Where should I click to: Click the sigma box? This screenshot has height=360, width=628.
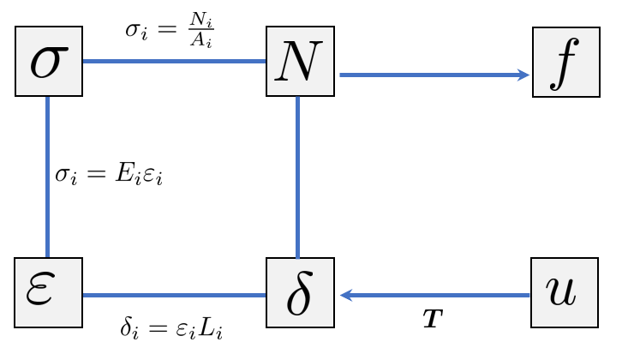[48, 62]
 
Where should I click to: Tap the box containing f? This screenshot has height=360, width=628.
[566, 62]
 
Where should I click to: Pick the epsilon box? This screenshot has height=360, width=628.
[48, 292]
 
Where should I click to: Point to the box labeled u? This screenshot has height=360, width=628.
[565, 292]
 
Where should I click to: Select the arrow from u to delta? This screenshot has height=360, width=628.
[437, 296]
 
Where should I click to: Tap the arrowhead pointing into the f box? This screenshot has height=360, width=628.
[524, 75]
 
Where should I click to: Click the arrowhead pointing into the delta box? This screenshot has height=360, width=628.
[347, 296]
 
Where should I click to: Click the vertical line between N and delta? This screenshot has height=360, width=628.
[297, 176]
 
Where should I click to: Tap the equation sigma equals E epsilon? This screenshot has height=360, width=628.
[109, 175]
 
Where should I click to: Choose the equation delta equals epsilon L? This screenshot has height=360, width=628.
[172, 327]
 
